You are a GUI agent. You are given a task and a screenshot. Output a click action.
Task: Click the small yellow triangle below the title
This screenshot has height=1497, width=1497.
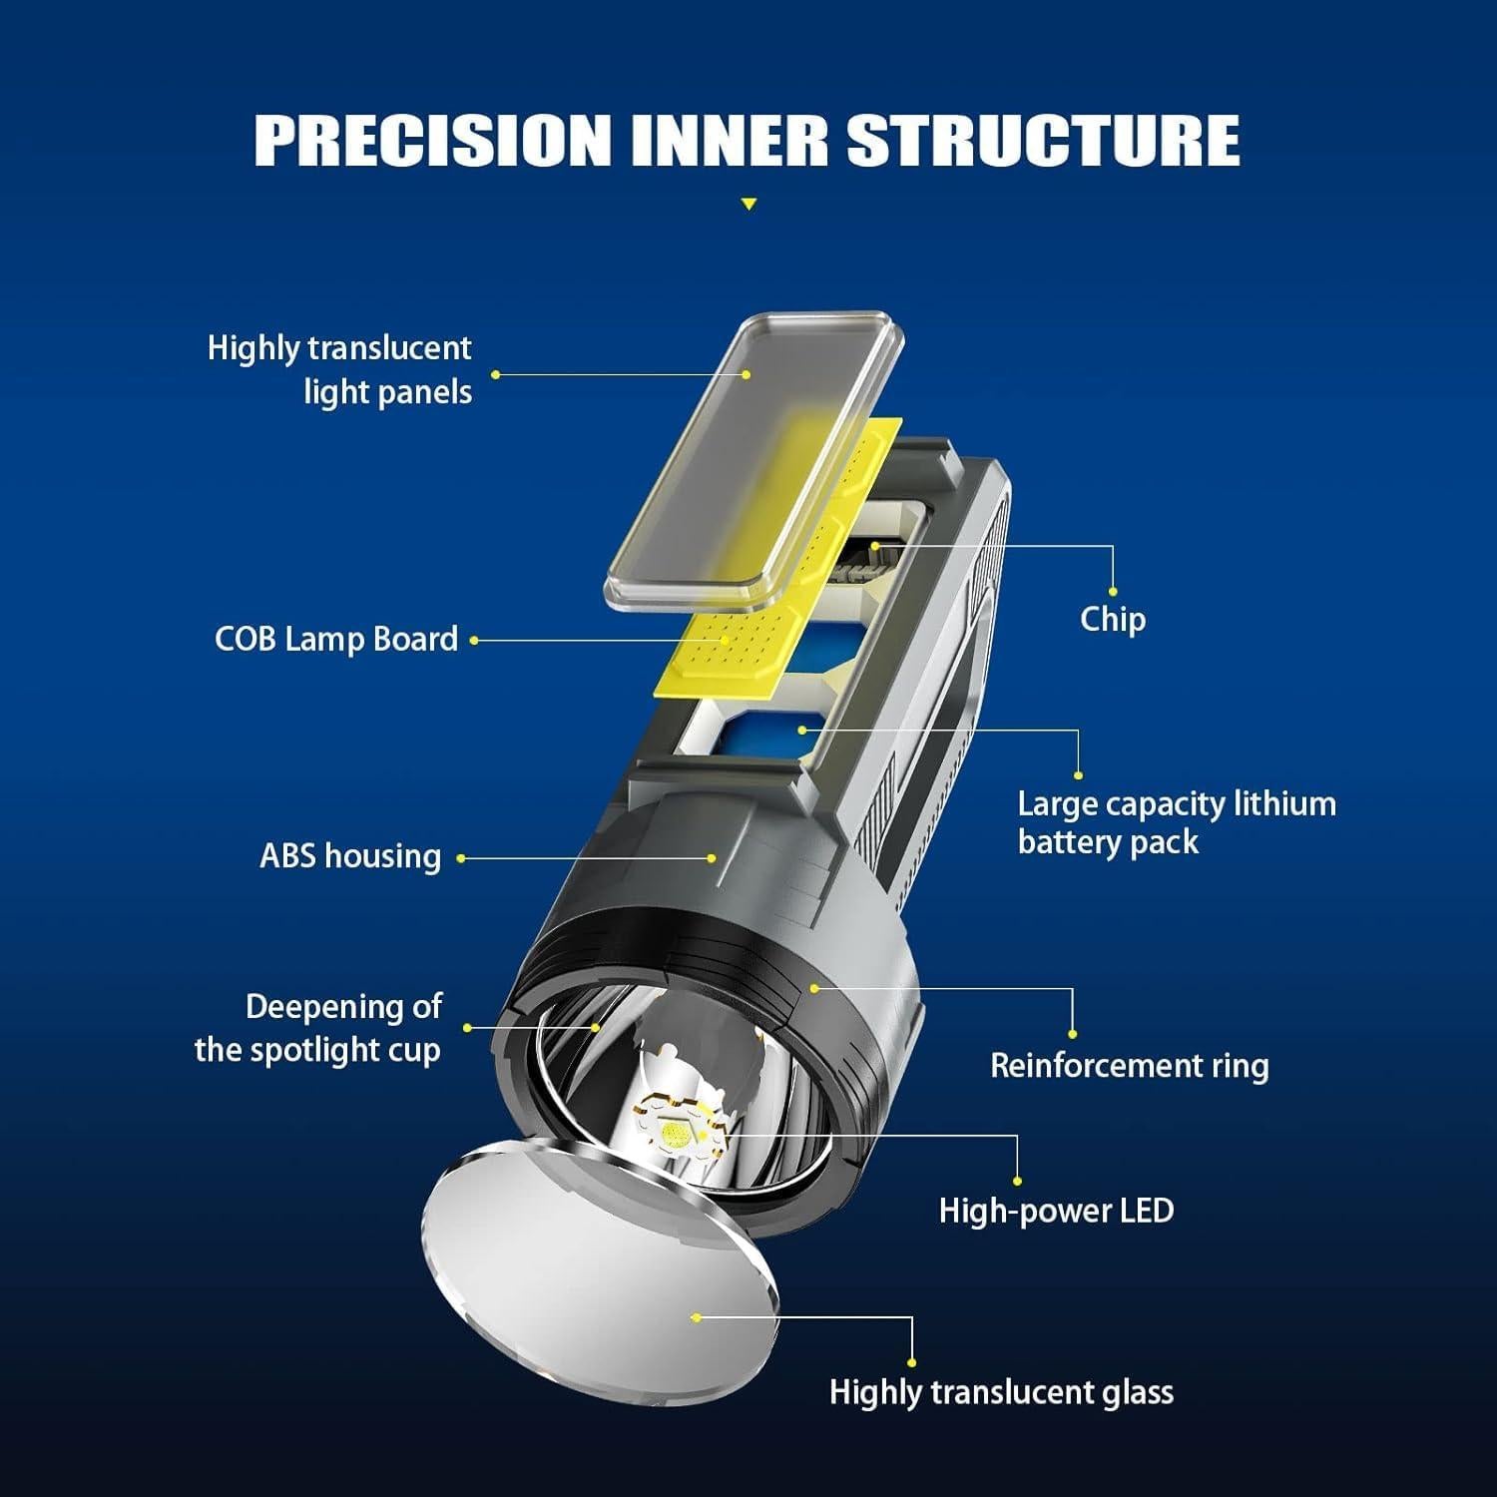748,205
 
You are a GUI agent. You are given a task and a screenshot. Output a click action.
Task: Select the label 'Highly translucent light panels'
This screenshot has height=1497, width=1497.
339,369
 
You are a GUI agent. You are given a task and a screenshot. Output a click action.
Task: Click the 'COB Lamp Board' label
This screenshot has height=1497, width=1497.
336,639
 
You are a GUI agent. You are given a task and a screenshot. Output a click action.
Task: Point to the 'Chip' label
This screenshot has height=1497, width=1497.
1112,619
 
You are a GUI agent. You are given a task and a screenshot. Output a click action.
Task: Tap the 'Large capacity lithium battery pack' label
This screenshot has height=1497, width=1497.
1176,822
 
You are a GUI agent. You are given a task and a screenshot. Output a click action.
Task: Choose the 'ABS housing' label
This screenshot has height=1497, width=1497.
350,856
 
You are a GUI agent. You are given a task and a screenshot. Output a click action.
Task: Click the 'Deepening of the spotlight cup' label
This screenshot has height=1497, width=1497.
318,1028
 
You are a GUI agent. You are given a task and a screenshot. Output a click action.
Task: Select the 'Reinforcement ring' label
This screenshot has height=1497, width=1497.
1129,1065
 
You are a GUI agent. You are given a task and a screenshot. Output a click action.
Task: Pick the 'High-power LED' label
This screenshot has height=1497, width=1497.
1056,1211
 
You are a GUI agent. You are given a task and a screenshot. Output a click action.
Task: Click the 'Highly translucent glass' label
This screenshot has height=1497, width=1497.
1001,1392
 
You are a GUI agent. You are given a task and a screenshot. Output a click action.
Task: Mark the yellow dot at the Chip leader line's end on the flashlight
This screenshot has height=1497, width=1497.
875,546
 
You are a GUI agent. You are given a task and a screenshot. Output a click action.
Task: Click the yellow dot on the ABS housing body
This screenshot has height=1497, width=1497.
713,857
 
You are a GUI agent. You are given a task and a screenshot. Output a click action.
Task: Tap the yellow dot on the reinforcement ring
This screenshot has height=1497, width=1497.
814,988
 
